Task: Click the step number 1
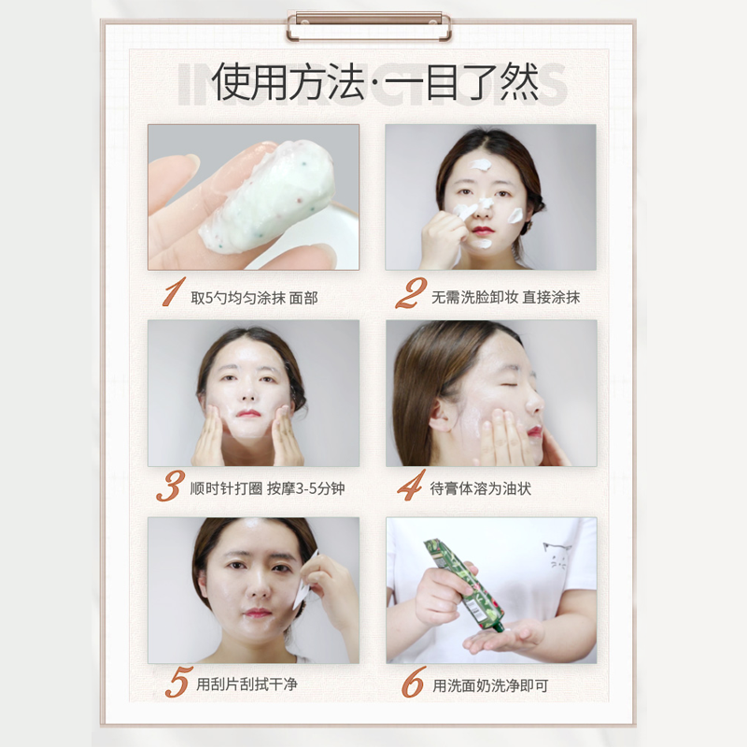tap(174, 291)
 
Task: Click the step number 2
tap(411, 293)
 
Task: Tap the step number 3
tap(171, 486)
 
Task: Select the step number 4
tap(411, 486)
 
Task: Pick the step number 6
tap(413, 682)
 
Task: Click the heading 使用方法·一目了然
tap(375, 81)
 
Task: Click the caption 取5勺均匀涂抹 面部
tap(254, 298)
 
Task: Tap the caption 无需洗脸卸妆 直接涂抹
tap(505, 297)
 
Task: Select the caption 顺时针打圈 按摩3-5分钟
tap(267, 488)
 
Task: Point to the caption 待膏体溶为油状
tap(480, 488)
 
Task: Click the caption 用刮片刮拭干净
tap(247, 684)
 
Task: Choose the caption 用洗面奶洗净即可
tap(490, 685)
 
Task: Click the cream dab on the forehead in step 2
tap(480, 165)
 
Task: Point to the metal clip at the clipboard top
tap(369, 27)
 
